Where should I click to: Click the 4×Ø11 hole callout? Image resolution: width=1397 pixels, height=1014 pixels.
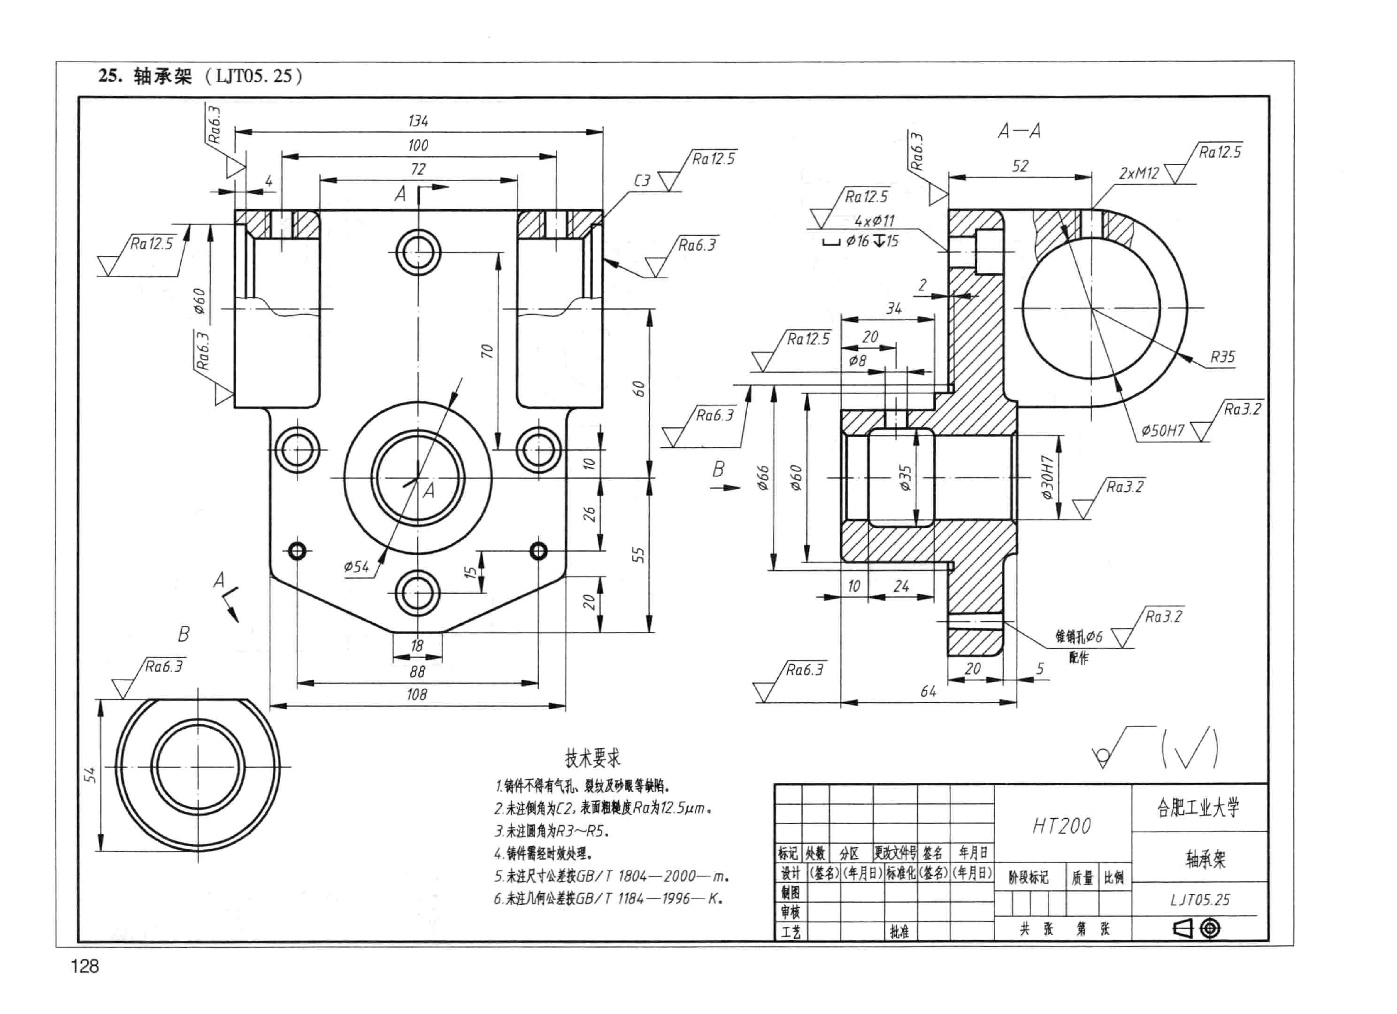875,221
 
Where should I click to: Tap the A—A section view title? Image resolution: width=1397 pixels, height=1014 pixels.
1019,131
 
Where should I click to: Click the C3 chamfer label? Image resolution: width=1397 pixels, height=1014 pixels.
642,180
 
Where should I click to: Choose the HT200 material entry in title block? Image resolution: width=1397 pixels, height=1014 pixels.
1061,826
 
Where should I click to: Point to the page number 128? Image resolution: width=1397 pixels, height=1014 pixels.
85,966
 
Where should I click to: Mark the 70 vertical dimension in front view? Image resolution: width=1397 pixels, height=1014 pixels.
487,351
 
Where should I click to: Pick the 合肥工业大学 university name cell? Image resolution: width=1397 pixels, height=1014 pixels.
1199,808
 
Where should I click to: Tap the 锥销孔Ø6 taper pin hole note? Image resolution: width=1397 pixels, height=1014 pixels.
1078,636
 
